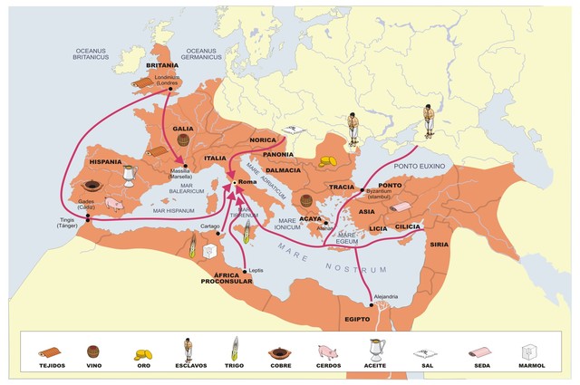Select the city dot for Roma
(x=234, y=183)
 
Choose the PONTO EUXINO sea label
(x=416, y=167)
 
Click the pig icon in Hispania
(x=113, y=206)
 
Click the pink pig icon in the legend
(x=326, y=351)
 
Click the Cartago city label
(x=210, y=226)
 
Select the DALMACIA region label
(x=283, y=170)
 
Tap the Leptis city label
(x=256, y=270)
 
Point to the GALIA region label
(x=184, y=129)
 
